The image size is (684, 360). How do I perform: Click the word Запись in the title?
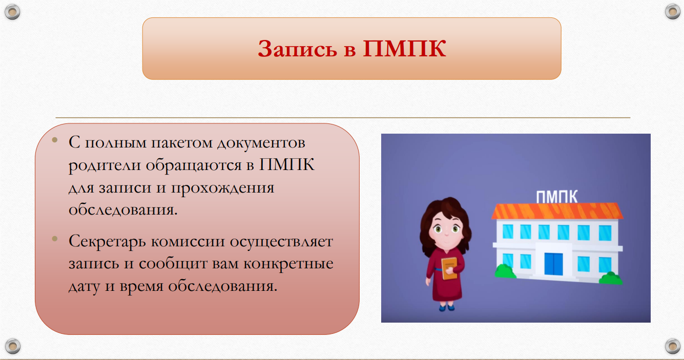(297, 49)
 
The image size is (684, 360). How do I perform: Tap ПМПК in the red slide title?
(404, 48)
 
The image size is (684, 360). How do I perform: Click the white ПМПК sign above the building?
(556, 197)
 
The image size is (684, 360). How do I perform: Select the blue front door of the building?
(554, 264)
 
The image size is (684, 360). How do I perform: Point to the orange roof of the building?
(557, 211)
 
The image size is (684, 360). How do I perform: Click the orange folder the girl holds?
(449, 268)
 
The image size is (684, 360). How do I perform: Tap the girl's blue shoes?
(447, 308)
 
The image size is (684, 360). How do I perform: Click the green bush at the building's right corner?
(611, 278)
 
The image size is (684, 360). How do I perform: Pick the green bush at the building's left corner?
(505, 271)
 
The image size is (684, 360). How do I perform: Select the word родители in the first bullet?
(104, 165)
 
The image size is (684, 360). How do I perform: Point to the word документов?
(261, 143)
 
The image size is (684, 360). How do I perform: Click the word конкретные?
(288, 264)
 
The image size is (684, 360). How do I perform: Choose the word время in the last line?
(141, 286)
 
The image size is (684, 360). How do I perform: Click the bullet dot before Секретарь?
(55, 239)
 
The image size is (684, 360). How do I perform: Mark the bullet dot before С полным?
(55, 140)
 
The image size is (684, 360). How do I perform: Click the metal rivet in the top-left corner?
(12, 12)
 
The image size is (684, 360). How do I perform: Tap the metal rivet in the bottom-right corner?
(672, 346)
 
